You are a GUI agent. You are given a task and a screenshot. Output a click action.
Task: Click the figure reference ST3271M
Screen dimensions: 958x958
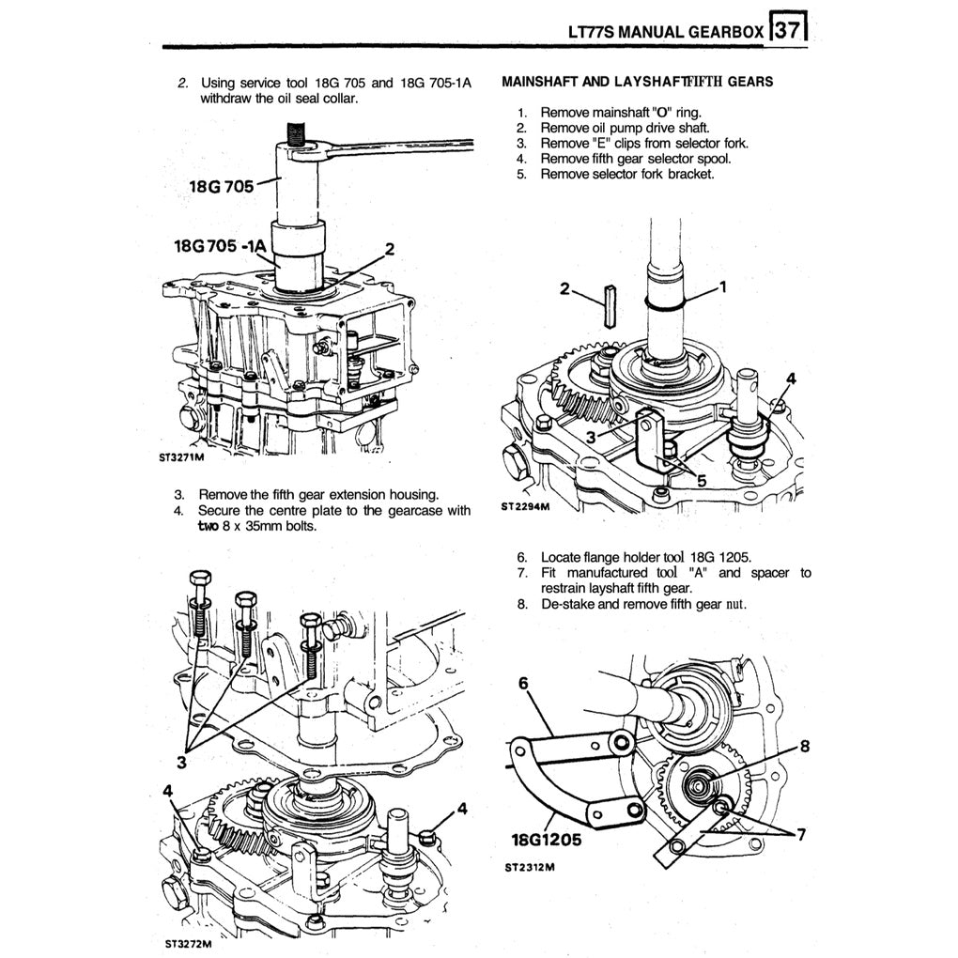click(185, 460)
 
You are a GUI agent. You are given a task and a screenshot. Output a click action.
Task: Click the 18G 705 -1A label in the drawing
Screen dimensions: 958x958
click(222, 248)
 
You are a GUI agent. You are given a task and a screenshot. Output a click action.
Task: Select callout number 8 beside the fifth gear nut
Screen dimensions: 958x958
click(803, 748)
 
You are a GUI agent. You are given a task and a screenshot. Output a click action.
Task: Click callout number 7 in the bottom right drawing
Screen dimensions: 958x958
click(801, 836)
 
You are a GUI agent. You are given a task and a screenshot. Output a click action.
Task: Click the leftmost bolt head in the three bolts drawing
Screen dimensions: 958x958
click(201, 578)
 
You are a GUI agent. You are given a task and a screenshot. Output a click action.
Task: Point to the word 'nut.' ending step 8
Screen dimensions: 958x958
click(733, 603)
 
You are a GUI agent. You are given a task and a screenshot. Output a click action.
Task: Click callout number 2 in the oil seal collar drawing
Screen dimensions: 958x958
click(389, 249)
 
